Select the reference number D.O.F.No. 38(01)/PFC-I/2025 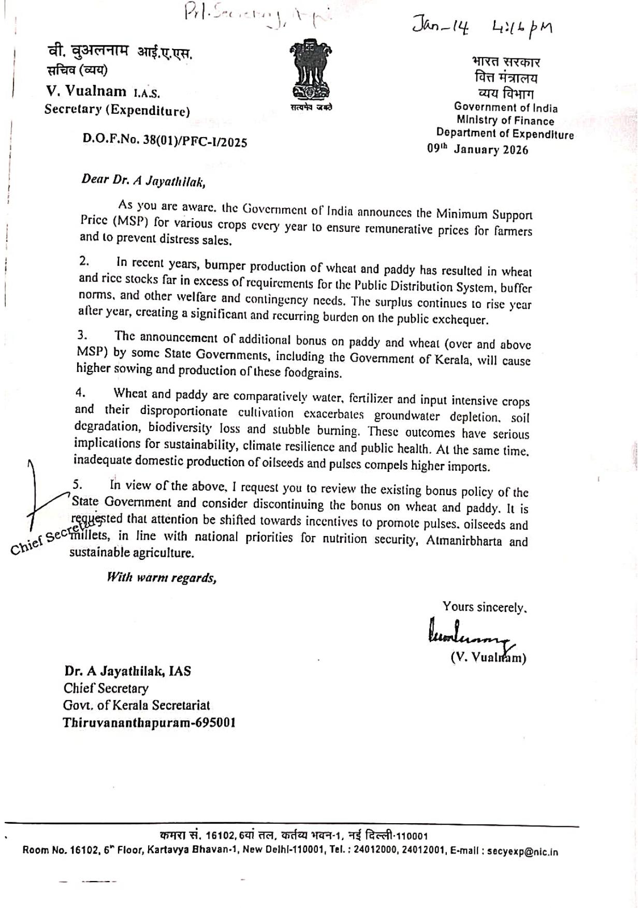click(165, 141)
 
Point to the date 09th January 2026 click(477, 150)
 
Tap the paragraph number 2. click(84, 262)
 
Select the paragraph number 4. click(80, 392)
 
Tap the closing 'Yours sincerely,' click(484, 607)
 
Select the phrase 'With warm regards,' click(161, 577)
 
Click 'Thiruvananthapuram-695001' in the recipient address click(149, 722)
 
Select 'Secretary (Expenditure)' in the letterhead click(117, 110)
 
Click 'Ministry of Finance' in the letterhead click(505, 121)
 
